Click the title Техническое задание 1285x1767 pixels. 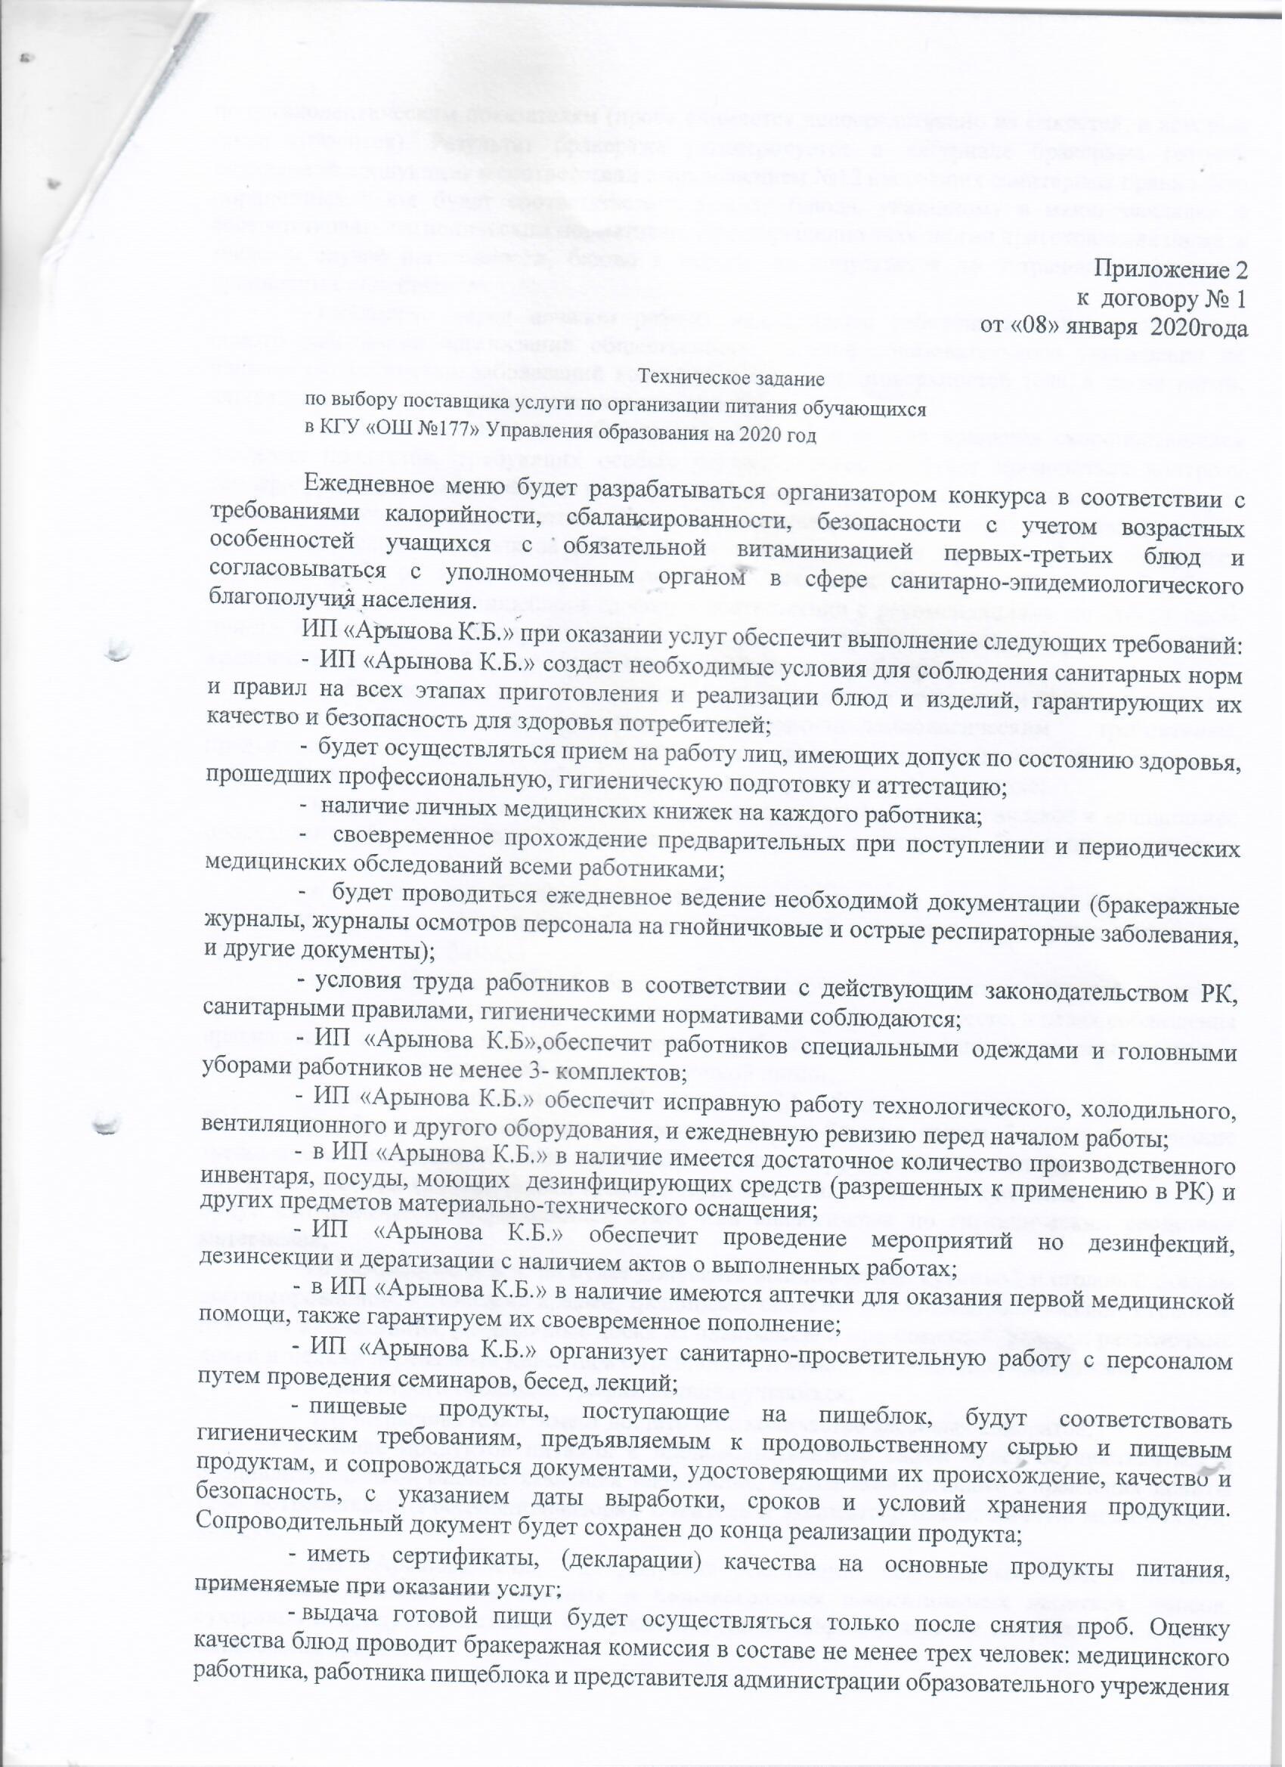[x=732, y=381]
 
